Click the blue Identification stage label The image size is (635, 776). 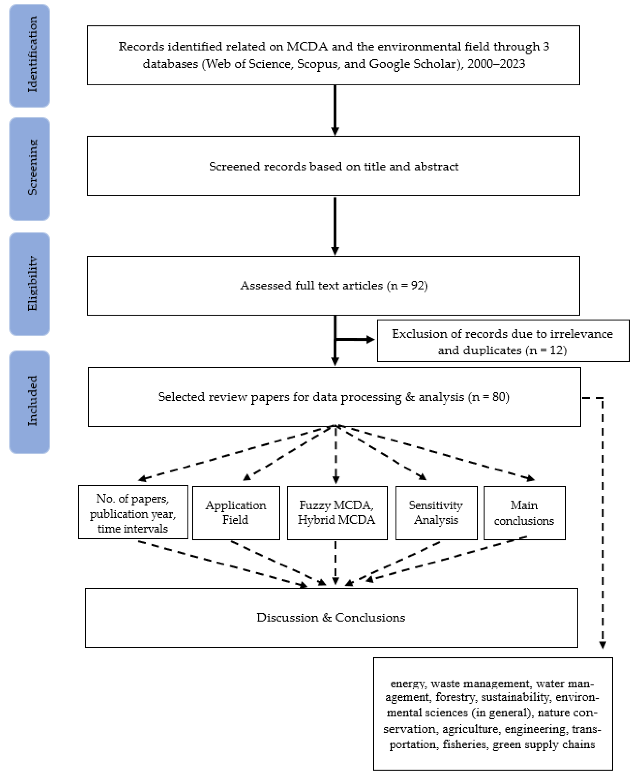(30, 56)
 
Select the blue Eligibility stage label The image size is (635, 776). (30, 284)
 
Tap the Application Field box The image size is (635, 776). (236, 513)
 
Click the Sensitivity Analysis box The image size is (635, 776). (436, 513)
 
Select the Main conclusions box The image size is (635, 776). (524, 513)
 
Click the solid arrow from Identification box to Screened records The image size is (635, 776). (335, 110)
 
